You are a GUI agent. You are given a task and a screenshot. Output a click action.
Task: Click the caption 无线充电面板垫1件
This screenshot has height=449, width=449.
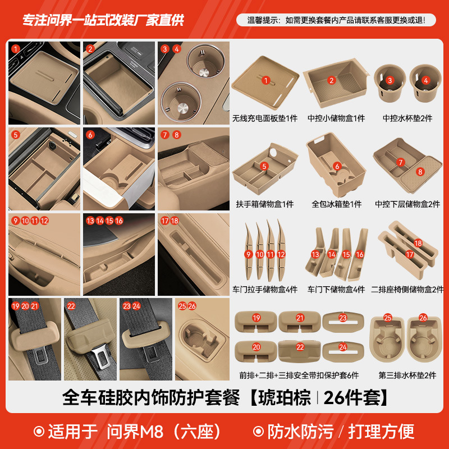[265, 118]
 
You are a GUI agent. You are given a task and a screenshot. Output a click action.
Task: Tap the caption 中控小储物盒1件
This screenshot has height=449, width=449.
[336, 118]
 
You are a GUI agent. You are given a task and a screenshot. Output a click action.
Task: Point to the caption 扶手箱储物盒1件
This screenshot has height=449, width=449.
[265, 204]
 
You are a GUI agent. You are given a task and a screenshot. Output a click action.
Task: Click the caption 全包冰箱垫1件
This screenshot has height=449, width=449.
[336, 204]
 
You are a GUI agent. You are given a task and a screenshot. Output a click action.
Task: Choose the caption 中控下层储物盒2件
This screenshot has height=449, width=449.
[407, 204]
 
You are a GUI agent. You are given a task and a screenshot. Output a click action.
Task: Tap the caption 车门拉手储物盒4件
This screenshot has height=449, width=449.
[265, 290]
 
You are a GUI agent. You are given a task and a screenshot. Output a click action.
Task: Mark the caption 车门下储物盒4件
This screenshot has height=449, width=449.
[336, 290]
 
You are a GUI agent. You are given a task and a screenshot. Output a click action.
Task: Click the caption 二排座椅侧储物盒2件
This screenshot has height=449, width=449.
[407, 290]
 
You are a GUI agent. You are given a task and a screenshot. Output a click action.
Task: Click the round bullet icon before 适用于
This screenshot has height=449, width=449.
[39, 431]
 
